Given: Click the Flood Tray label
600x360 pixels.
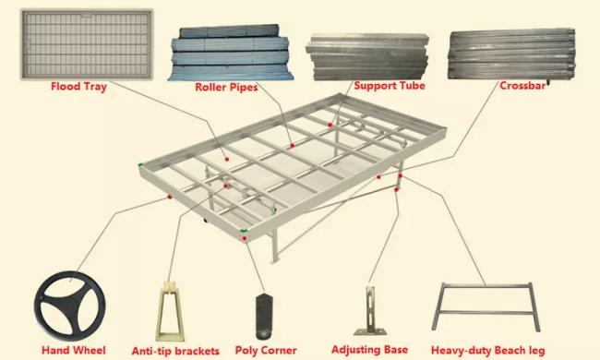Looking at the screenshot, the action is (78, 87).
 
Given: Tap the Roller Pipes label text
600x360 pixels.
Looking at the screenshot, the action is (226, 87).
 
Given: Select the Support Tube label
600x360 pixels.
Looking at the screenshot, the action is (390, 86).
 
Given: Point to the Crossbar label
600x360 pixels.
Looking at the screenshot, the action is (522, 86).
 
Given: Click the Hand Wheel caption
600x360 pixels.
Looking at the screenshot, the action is (74, 350).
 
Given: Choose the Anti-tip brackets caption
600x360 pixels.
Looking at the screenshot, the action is (175, 351).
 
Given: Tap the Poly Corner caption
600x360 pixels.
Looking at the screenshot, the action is (266, 350).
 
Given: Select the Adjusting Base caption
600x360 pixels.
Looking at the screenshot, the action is (369, 350).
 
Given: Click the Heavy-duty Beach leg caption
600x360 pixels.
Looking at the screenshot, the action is (488, 350).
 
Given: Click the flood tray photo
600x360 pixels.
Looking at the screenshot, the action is (87, 44).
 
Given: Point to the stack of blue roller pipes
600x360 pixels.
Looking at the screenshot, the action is (231, 53).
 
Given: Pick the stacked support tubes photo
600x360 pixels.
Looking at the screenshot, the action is (367, 57).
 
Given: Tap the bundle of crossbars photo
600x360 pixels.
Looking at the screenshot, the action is (511, 54).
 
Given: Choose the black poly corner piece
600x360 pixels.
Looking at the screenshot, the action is (263, 316).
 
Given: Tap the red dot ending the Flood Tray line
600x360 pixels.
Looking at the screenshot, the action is (227, 159).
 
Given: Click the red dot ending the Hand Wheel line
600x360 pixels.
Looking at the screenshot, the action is (170, 197).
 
